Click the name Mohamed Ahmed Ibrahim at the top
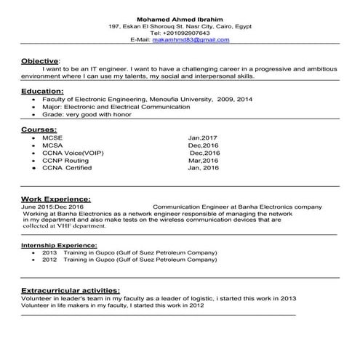180,18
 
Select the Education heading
42,91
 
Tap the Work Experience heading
55,198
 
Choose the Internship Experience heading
56,246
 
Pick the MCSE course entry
52,137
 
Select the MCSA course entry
52,145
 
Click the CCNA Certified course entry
68,168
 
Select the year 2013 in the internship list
49,252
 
